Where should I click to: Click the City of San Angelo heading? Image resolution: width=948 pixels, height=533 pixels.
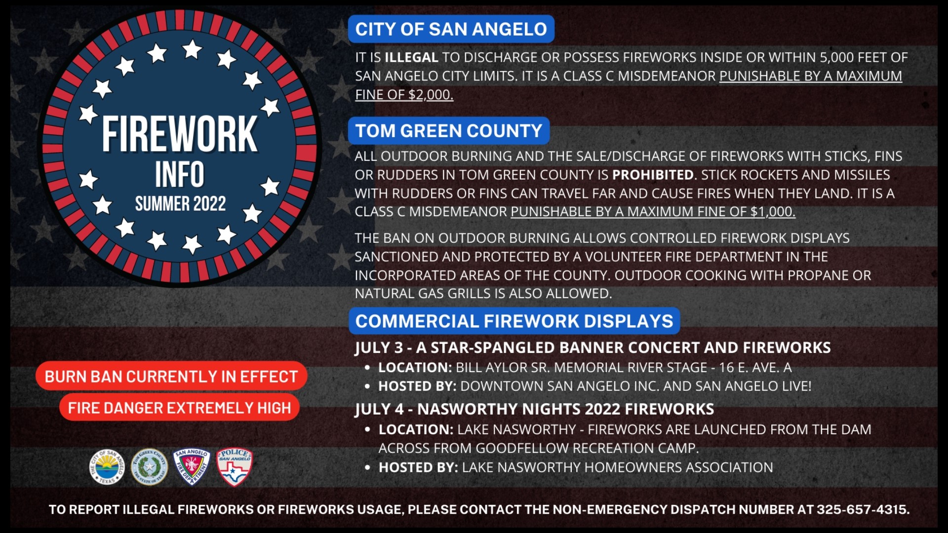point(451,29)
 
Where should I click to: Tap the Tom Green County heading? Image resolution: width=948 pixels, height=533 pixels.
point(448,131)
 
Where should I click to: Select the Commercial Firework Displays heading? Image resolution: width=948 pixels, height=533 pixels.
point(514,321)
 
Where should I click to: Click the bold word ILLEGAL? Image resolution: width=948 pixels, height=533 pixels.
point(411,57)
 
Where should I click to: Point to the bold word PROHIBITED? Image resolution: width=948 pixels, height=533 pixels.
point(653,175)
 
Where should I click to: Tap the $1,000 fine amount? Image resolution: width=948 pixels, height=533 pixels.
point(772,212)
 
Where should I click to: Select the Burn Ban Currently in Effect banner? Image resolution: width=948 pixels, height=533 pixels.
point(171,377)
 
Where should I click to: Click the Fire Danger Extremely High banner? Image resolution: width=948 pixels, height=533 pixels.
point(179,408)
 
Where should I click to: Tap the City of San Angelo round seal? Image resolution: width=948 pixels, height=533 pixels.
point(107,467)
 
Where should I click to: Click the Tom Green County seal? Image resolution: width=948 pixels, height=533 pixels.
point(149,467)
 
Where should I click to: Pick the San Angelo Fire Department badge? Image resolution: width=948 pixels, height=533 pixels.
point(192,467)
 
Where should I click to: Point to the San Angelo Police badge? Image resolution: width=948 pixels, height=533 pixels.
point(235,467)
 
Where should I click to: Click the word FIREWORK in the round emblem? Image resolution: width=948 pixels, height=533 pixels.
point(179,134)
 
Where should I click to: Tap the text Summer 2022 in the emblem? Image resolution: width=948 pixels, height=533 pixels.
point(180,203)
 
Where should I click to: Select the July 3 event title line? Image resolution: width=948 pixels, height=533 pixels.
point(592,347)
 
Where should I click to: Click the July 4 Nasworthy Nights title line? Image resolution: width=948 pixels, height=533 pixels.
point(534,409)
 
